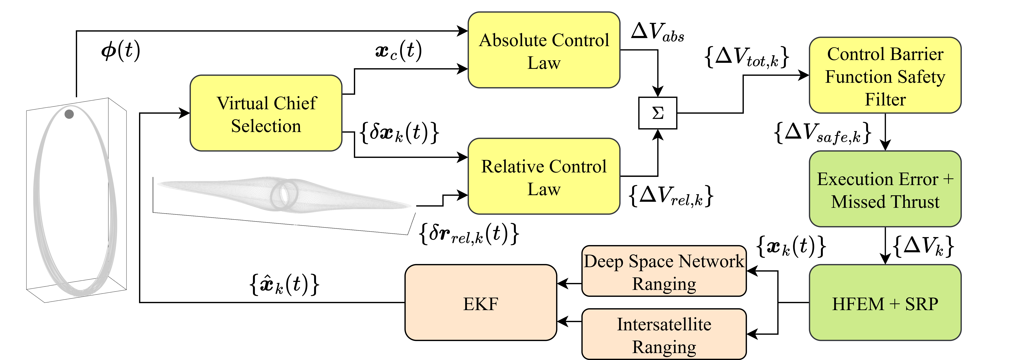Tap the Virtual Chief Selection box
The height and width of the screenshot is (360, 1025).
tap(266, 113)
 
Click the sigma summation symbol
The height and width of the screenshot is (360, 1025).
tap(658, 113)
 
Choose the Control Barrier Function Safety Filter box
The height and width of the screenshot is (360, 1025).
tap(885, 76)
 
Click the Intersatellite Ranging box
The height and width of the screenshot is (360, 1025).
tap(664, 334)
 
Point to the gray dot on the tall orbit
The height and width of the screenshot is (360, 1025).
tap(69, 114)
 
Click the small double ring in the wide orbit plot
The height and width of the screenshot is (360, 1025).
tap(284, 194)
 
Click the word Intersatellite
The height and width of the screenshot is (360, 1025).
tap(664, 324)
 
